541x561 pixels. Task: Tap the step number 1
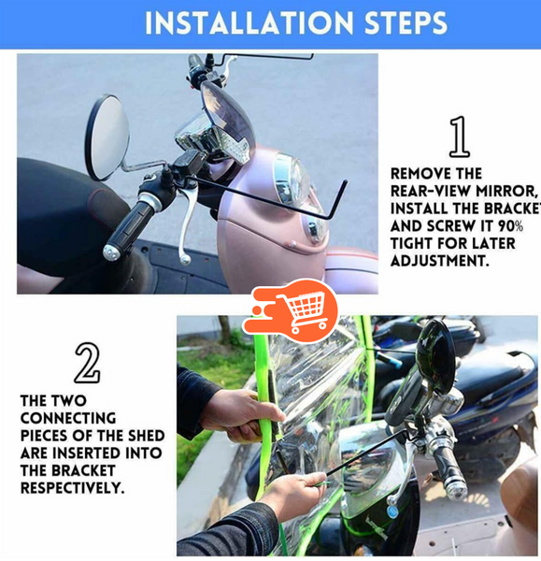click(459, 137)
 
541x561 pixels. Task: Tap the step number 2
click(87, 363)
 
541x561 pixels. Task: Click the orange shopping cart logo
click(292, 310)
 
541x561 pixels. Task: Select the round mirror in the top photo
click(107, 137)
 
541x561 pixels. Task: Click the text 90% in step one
click(510, 226)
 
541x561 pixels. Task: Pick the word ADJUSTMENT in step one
click(439, 261)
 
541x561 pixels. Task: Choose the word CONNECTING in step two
click(67, 419)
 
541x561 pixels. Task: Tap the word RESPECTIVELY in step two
click(71, 488)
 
